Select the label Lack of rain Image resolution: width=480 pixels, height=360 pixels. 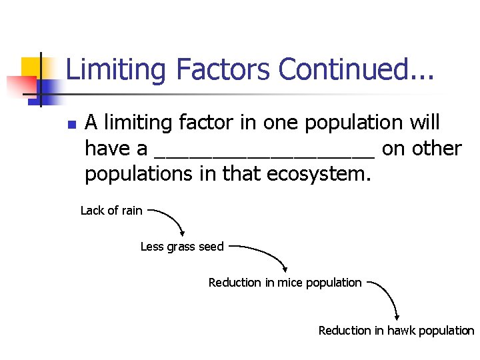pos(111,211)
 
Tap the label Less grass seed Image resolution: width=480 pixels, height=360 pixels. pos(182,247)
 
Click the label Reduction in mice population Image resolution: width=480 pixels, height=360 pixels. pos(285,283)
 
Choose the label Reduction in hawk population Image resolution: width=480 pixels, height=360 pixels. pos(396,331)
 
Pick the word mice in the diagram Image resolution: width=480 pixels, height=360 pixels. pos(287,283)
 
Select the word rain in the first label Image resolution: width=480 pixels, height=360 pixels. pos(131,211)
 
